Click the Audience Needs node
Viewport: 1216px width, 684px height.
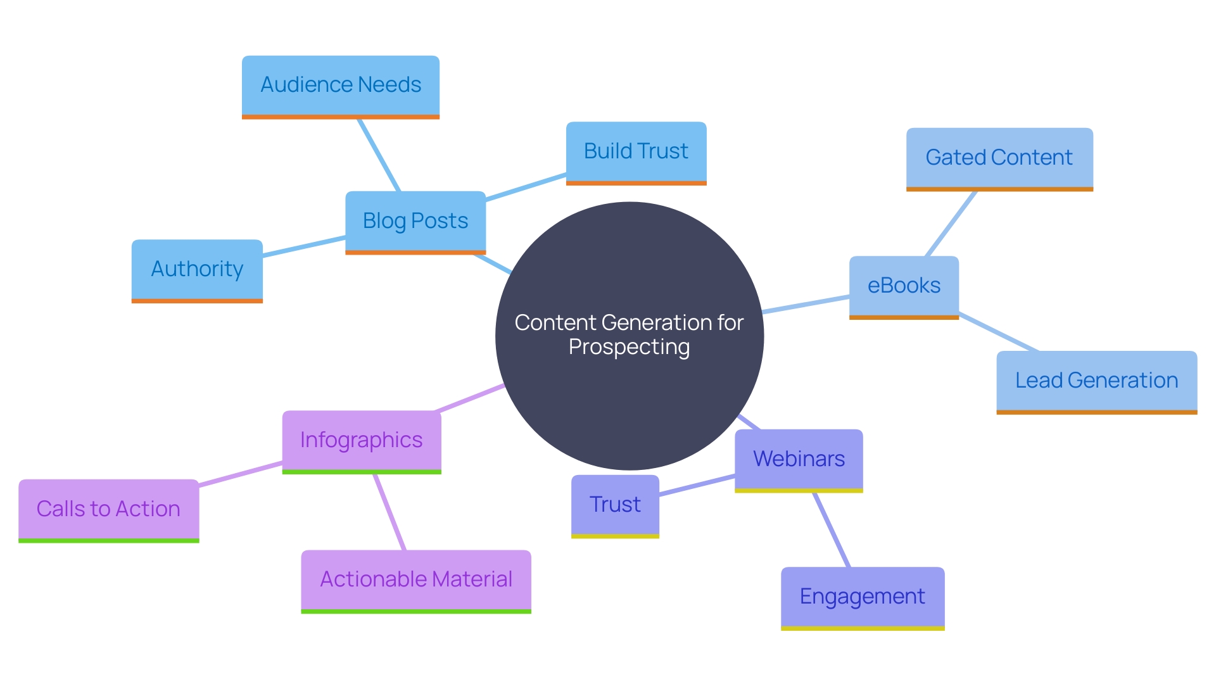[x=341, y=85]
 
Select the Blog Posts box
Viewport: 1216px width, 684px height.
[x=415, y=221]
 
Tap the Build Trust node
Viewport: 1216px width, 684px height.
[x=636, y=152]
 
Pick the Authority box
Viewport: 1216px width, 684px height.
[x=197, y=269]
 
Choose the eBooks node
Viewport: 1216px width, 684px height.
[x=904, y=286]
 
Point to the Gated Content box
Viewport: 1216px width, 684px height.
[x=999, y=158]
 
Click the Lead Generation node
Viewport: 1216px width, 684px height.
[x=1096, y=381]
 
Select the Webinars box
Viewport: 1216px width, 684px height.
[x=799, y=459]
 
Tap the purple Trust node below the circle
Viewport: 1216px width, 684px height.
[x=615, y=505]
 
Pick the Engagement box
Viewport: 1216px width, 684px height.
[x=863, y=597]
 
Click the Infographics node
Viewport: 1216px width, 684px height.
[x=362, y=440]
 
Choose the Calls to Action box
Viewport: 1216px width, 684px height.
[x=109, y=509]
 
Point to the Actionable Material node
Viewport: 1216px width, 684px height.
[x=416, y=579]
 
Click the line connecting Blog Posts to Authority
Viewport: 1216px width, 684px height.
[x=304, y=246]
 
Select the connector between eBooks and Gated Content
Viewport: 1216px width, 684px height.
[x=951, y=223]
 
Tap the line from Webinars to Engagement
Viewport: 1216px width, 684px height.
[x=832, y=529]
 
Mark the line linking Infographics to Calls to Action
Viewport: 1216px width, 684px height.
[x=241, y=474]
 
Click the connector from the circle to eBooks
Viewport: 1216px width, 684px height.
[x=806, y=304]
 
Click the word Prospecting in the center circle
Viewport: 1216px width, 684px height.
[x=629, y=347]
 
